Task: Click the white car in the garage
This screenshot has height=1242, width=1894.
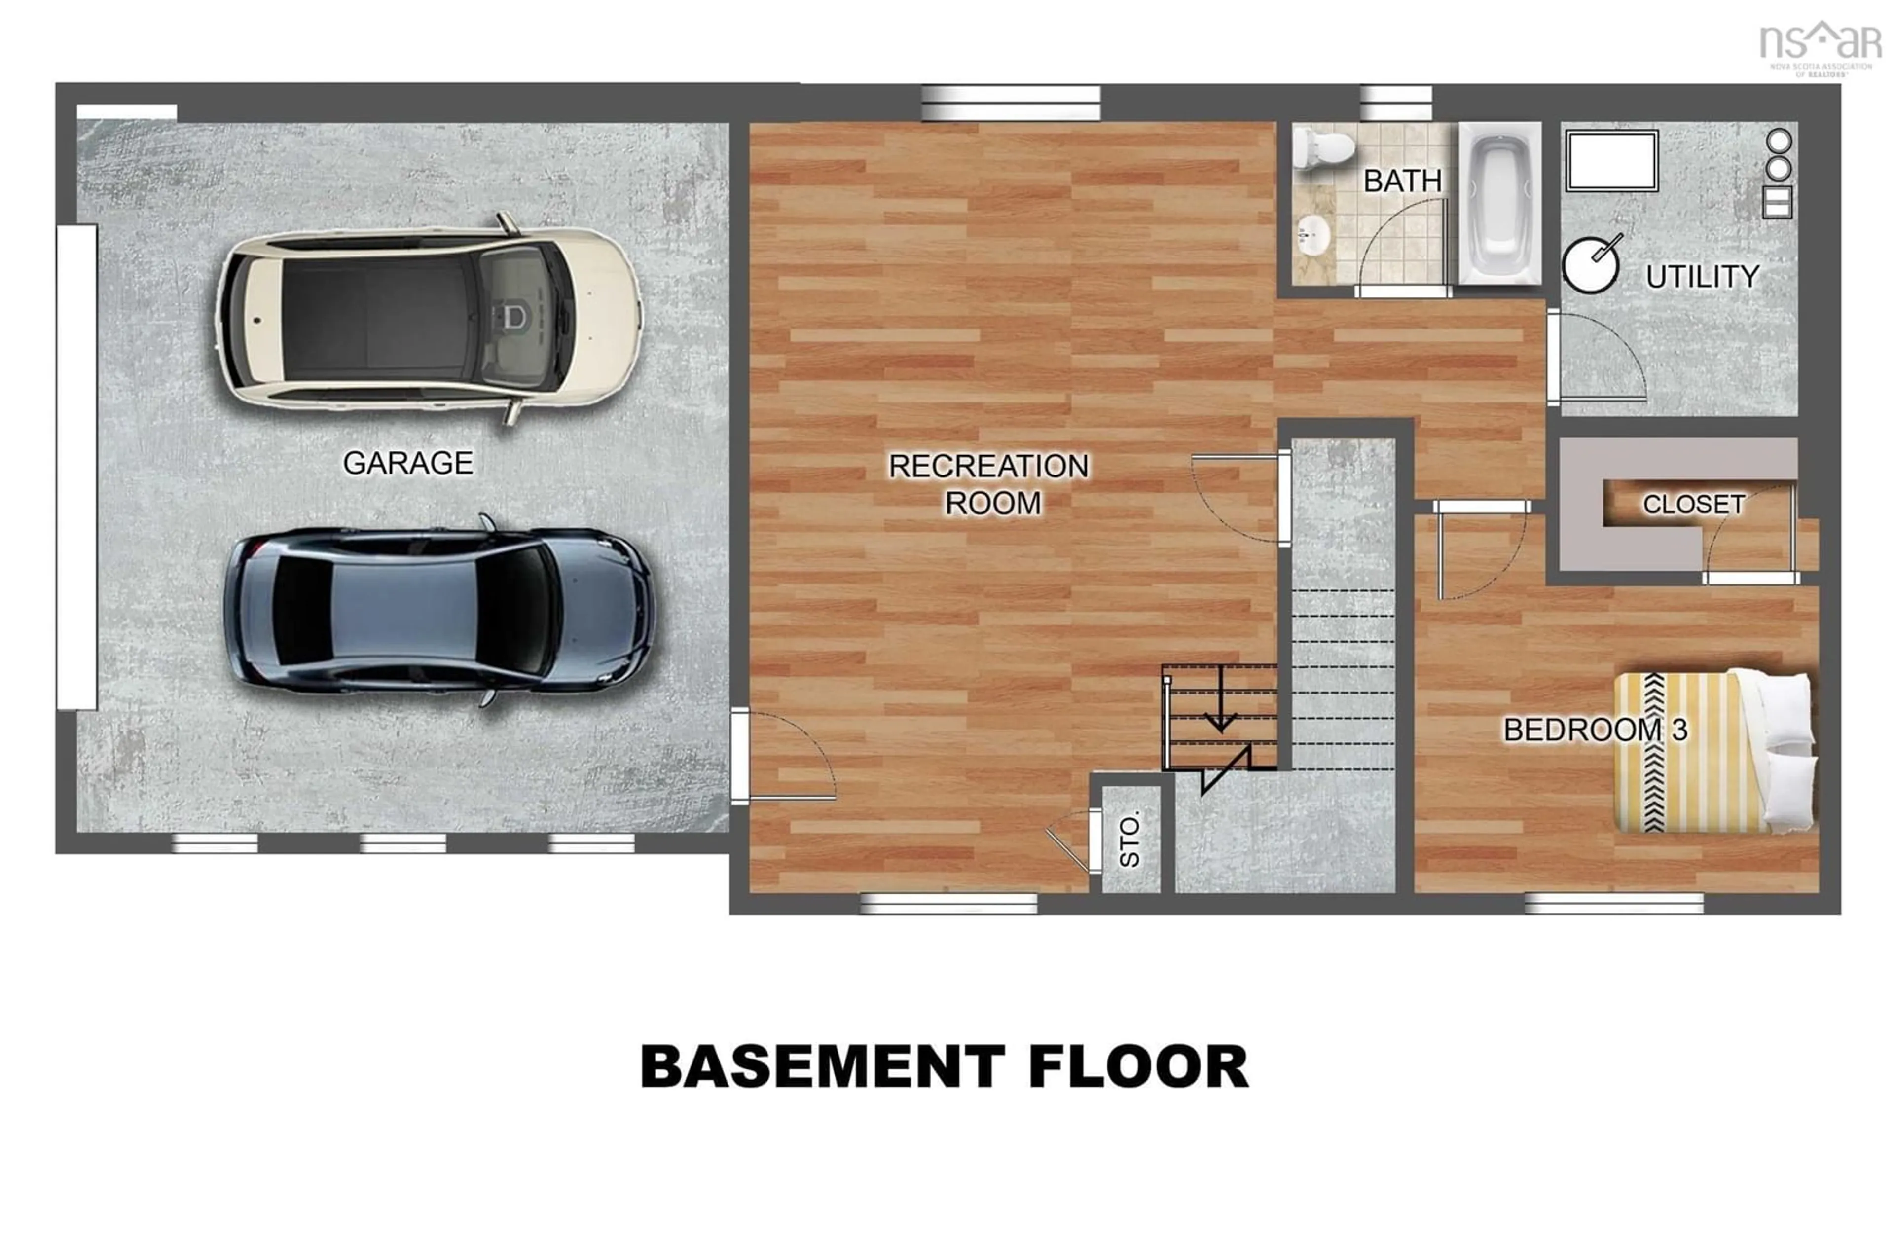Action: (x=430, y=318)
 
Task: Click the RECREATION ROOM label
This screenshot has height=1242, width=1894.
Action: (x=989, y=484)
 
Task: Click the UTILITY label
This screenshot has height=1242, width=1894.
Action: (x=1702, y=277)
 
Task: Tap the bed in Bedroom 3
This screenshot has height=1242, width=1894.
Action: (x=1715, y=752)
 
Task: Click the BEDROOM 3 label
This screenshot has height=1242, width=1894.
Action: (x=1595, y=730)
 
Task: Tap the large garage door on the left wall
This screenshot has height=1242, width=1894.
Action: (x=77, y=467)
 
